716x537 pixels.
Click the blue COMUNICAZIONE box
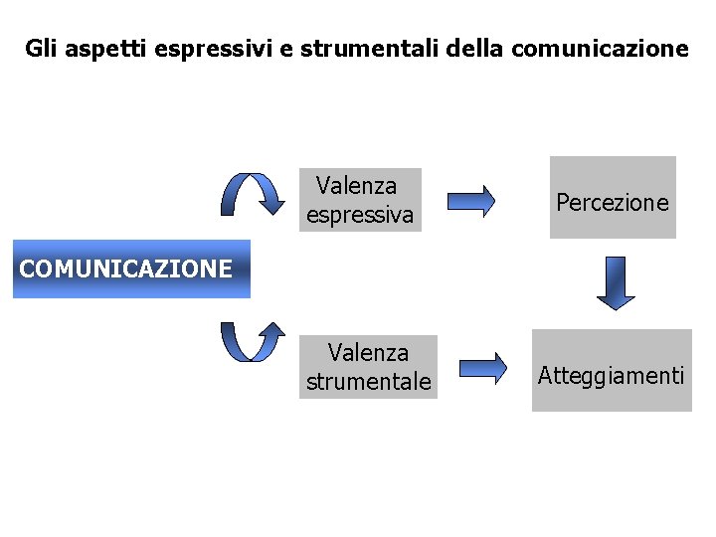[x=130, y=268]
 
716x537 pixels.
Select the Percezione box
[x=613, y=202]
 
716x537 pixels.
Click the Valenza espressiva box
[x=360, y=200]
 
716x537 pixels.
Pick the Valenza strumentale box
[x=368, y=367]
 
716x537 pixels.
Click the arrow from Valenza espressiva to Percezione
[x=470, y=200]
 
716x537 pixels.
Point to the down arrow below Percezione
[x=616, y=282]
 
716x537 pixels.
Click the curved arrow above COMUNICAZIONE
[x=253, y=194]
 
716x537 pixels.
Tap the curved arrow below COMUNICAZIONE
[x=253, y=341]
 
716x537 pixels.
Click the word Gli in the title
[x=41, y=48]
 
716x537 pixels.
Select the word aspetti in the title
[x=103, y=48]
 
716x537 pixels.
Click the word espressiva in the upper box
[x=360, y=215]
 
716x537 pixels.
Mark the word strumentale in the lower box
[x=368, y=382]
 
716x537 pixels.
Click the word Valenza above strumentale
[x=368, y=352]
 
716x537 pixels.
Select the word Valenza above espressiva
[x=356, y=186]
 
